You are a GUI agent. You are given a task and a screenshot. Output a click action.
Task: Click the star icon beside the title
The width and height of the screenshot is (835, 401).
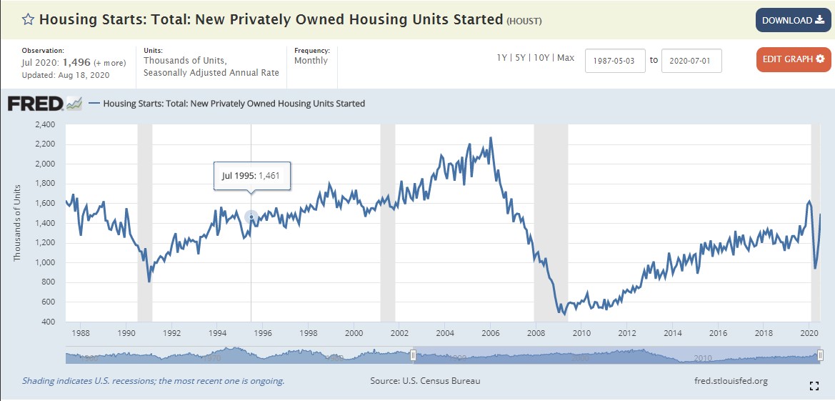(28, 20)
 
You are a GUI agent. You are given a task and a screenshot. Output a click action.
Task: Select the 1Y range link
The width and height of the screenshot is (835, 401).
(503, 58)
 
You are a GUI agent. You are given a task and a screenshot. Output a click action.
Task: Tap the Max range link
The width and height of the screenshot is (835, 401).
(566, 58)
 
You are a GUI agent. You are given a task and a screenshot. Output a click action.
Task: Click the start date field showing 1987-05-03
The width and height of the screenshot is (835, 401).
(615, 61)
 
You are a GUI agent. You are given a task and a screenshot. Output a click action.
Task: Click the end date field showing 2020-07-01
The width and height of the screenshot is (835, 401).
(691, 61)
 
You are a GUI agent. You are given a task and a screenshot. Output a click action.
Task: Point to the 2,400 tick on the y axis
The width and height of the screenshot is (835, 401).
(45, 124)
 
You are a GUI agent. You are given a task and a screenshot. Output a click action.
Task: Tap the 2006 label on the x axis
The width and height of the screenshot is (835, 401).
(490, 333)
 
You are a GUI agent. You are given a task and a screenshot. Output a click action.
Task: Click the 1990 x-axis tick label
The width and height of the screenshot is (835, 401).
(126, 333)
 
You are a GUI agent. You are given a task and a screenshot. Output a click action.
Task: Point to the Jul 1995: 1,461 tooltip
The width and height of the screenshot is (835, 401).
(252, 175)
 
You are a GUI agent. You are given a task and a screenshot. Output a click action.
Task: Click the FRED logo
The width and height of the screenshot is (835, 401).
(44, 104)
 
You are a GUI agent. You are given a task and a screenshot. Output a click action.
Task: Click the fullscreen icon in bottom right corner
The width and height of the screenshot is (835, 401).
(814, 386)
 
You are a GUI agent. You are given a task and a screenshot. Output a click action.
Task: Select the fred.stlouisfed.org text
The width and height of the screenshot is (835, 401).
(731, 381)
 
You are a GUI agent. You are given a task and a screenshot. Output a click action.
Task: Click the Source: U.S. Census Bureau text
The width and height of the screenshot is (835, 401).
(425, 381)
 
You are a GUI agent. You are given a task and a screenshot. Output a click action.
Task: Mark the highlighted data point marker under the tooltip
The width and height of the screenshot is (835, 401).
(251, 217)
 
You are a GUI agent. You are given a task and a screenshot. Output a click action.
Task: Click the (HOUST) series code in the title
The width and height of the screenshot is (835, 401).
(524, 21)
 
